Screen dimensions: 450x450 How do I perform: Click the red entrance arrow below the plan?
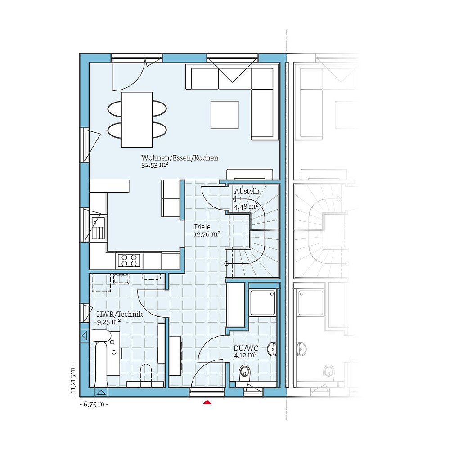pyautogui.click(x=207, y=401)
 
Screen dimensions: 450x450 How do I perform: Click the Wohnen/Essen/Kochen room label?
pyautogui.click(x=180, y=158)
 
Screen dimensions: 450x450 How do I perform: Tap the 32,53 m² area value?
pyautogui.click(x=154, y=165)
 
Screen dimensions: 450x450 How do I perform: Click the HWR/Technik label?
pyautogui.click(x=120, y=315)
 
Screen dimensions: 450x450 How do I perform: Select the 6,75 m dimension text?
pyautogui.click(x=94, y=404)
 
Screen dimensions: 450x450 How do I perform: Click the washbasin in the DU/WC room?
pyautogui.click(x=272, y=349)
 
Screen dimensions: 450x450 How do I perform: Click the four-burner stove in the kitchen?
pyautogui.click(x=129, y=260)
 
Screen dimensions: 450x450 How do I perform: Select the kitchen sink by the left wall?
pyautogui.click(x=97, y=228)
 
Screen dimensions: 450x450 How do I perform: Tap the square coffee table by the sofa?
pyautogui.click(x=225, y=115)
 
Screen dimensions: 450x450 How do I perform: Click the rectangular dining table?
pyautogui.click(x=137, y=119)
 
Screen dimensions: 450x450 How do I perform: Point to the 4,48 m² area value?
pyautogui.click(x=246, y=207)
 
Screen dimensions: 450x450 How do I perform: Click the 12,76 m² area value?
pyautogui.click(x=207, y=234)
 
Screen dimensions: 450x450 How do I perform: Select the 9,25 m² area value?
pyautogui.click(x=108, y=322)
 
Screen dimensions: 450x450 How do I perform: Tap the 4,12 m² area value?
pyautogui.click(x=245, y=355)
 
